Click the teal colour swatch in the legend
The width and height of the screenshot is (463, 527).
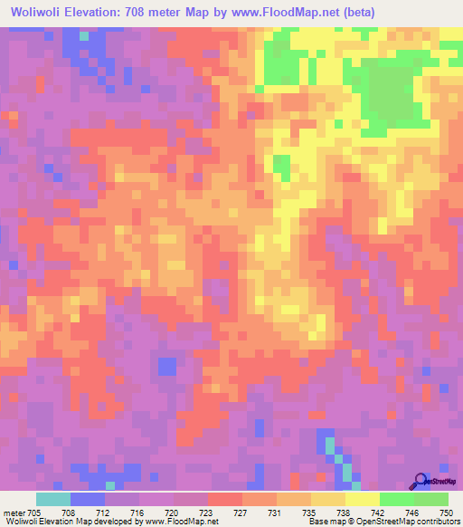coord(53,499)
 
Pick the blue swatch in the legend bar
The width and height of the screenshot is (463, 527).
coord(88,499)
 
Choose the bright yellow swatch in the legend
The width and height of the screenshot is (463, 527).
coord(363,499)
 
